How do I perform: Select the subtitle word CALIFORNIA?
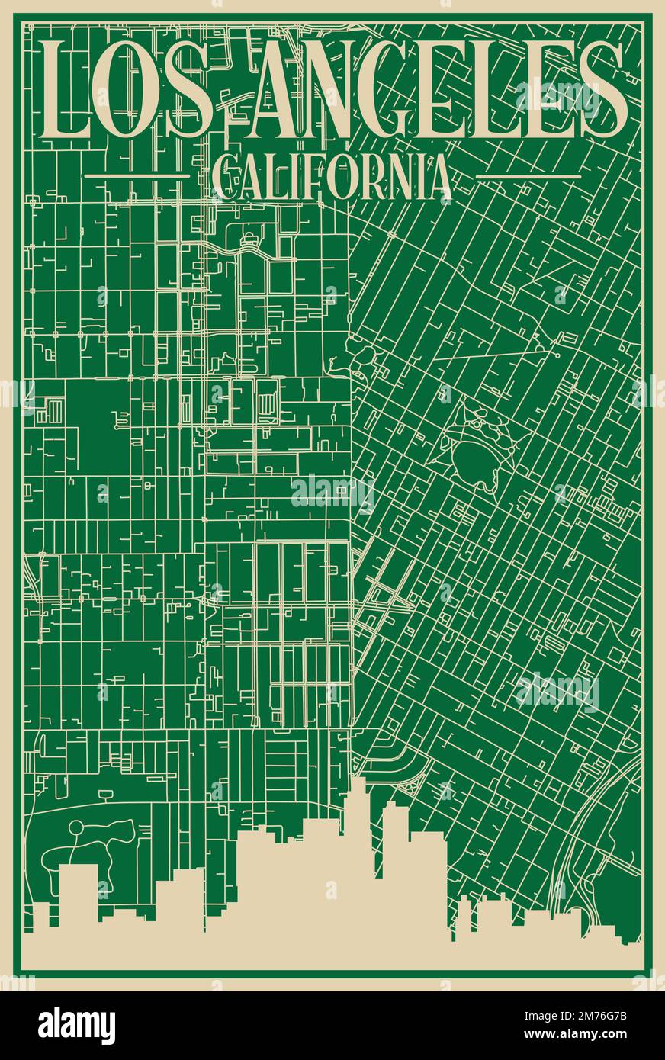coord(332,176)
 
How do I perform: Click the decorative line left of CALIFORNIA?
coord(137,175)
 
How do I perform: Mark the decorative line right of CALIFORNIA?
coord(528,175)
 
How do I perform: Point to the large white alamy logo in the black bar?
coord(76,1026)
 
